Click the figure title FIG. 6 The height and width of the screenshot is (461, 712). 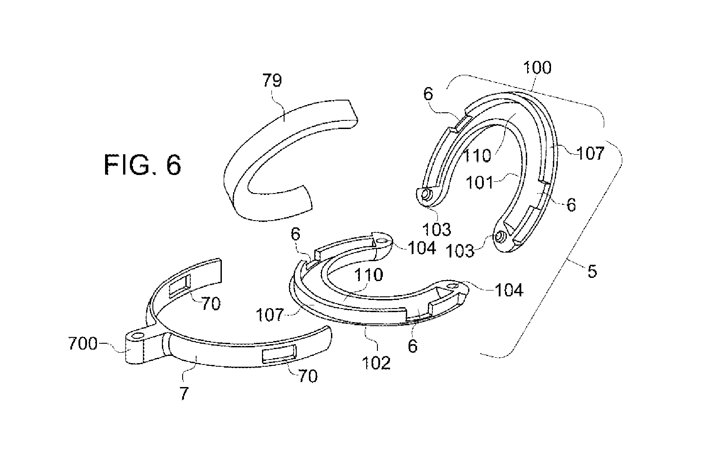pyautogui.click(x=142, y=165)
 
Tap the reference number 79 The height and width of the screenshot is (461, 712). pyautogui.click(x=272, y=80)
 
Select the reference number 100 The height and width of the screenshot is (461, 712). pyautogui.click(x=537, y=68)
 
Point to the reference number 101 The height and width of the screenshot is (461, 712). pyautogui.click(x=480, y=183)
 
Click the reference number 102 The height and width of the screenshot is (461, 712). pyautogui.click(x=377, y=363)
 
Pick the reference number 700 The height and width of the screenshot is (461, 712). pyautogui.click(x=83, y=344)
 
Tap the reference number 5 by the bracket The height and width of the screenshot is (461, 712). pyautogui.click(x=592, y=272)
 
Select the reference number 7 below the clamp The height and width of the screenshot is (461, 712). pyautogui.click(x=184, y=394)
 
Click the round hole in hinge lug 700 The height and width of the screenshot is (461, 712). pyautogui.click(x=138, y=336)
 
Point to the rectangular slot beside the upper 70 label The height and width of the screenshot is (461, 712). pyautogui.click(x=180, y=286)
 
